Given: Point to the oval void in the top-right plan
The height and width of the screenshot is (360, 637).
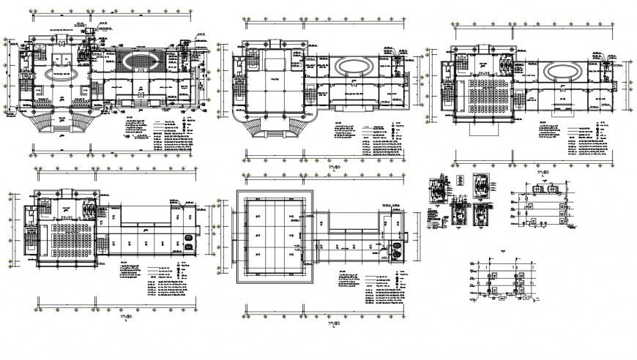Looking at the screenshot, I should pyautogui.click(x=562, y=71).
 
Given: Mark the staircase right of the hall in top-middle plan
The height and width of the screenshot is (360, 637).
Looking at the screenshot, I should pyautogui.click(x=310, y=93).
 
